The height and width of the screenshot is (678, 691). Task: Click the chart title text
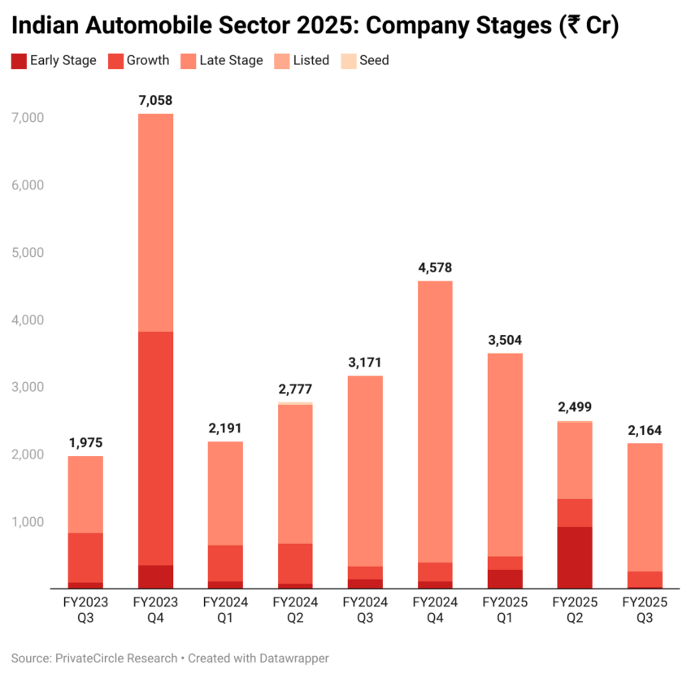[315, 26]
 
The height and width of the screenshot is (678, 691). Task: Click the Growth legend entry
[139, 60]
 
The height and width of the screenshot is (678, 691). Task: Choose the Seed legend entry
[366, 60]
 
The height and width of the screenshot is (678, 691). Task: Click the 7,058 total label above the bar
[154, 101]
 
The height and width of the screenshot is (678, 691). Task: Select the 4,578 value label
[434, 267]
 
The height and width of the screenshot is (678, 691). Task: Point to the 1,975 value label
[85, 443]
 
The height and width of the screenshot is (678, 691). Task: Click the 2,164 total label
[644, 430]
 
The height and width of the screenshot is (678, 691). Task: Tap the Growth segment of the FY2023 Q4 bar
[154, 448]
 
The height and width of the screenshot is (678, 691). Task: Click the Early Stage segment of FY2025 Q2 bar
[574, 558]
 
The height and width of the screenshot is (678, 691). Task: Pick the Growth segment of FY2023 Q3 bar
[85, 558]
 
